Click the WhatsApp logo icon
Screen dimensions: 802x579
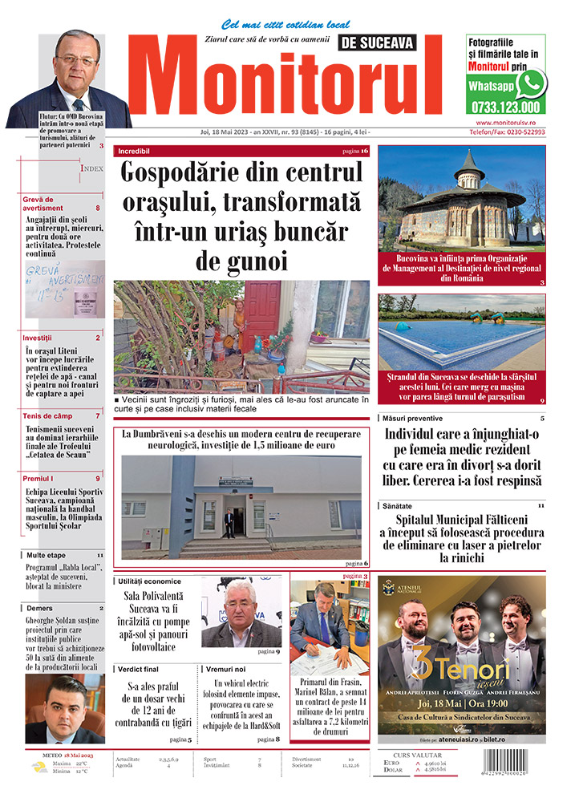(531, 83)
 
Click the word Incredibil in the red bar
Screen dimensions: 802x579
(133, 151)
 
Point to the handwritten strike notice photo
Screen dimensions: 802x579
(65, 289)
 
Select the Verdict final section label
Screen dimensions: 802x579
(141, 668)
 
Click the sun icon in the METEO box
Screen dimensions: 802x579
(38, 766)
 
